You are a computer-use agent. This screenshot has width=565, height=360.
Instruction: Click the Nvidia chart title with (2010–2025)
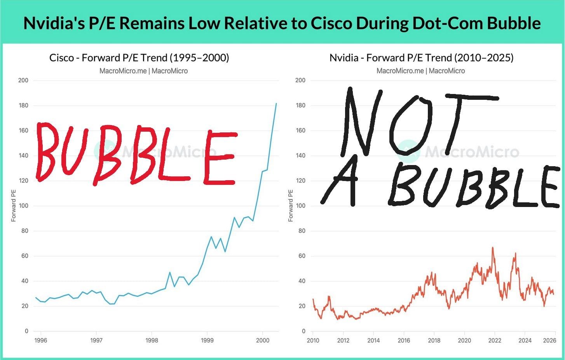point(421,58)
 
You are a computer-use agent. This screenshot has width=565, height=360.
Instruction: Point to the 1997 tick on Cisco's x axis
point(96,341)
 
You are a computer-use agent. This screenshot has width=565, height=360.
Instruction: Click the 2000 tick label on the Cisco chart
point(263,341)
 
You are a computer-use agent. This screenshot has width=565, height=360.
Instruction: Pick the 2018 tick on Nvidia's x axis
point(434,341)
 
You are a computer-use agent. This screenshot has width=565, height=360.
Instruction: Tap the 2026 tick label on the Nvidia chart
point(549,341)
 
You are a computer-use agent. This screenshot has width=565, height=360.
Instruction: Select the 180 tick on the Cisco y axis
point(23,105)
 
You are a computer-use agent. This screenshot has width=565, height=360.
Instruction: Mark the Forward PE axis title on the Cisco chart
point(14,206)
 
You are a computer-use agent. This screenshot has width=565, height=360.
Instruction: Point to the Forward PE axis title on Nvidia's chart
point(291,206)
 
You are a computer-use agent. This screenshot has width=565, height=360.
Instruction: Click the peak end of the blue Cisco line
point(276,104)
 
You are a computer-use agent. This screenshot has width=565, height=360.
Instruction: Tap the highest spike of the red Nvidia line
point(493,248)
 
